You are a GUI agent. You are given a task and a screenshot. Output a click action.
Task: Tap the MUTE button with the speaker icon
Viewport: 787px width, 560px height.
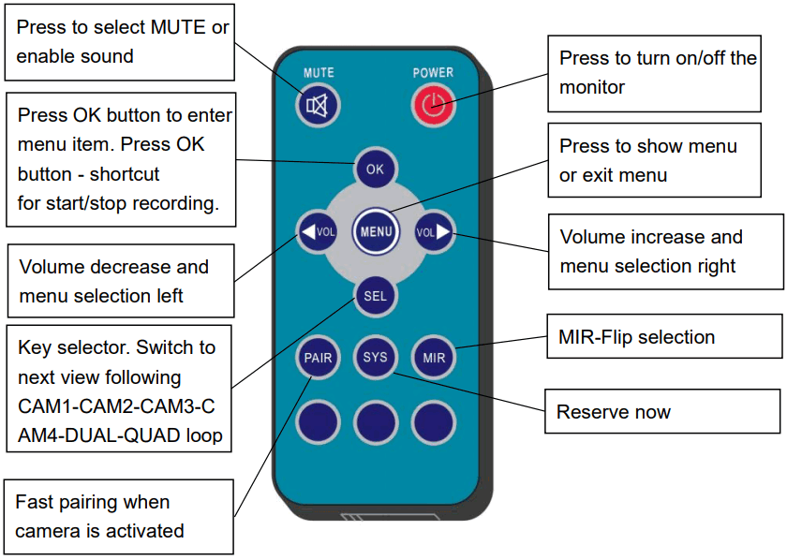(x=318, y=106)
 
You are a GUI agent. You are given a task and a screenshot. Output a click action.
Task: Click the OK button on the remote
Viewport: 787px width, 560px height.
(x=375, y=169)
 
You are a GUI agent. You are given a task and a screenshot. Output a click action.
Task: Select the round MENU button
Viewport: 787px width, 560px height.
(x=376, y=231)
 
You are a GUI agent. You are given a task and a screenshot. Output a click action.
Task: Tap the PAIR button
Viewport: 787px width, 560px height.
(x=318, y=358)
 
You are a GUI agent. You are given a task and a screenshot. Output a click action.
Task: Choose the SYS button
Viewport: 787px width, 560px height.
(x=376, y=358)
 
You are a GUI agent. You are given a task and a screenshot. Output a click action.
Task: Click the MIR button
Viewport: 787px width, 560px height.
(x=434, y=358)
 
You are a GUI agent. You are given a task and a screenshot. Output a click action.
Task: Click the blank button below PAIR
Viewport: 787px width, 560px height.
(x=318, y=422)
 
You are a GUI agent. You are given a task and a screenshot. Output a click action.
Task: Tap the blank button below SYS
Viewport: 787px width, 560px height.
(x=376, y=422)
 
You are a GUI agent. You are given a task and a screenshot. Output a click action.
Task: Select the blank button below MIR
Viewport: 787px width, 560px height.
(x=434, y=422)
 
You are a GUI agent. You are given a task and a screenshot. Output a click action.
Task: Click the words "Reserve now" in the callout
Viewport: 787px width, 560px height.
(x=614, y=412)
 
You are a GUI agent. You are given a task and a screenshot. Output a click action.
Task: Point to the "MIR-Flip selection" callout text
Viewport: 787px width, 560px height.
(x=636, y=337)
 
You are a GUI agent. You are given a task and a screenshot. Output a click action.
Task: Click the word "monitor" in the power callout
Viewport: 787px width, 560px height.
(x=592, y=87)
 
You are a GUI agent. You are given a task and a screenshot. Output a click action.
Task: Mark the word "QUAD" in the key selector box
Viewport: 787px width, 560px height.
(x=153, y=435)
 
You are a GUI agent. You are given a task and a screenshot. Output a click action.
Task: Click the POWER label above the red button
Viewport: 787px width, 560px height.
(x=433, y=73)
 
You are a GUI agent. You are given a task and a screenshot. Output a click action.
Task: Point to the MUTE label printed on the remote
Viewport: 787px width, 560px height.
(x=319, y=73)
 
